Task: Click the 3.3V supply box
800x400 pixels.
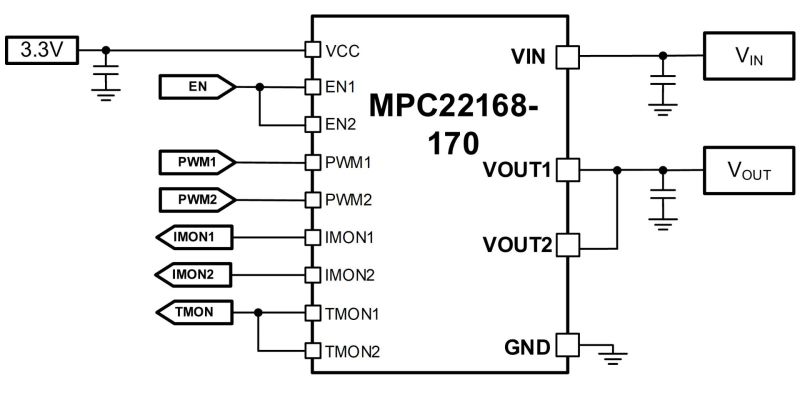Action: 42,51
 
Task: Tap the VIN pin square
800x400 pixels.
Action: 567,56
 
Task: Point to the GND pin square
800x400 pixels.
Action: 567,345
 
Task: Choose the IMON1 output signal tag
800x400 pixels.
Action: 194,237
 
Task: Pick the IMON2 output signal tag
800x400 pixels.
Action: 194,274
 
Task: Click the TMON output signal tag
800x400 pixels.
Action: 194,312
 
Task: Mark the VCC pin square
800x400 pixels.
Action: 312,49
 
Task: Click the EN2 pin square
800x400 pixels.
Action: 312,124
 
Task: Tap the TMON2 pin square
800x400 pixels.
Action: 312,351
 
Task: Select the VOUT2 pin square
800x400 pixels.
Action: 567,245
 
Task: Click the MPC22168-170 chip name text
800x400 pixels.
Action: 453,124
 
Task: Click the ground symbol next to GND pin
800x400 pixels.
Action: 614,357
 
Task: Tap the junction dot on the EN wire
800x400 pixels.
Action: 260,87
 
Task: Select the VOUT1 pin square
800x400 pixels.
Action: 567,169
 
